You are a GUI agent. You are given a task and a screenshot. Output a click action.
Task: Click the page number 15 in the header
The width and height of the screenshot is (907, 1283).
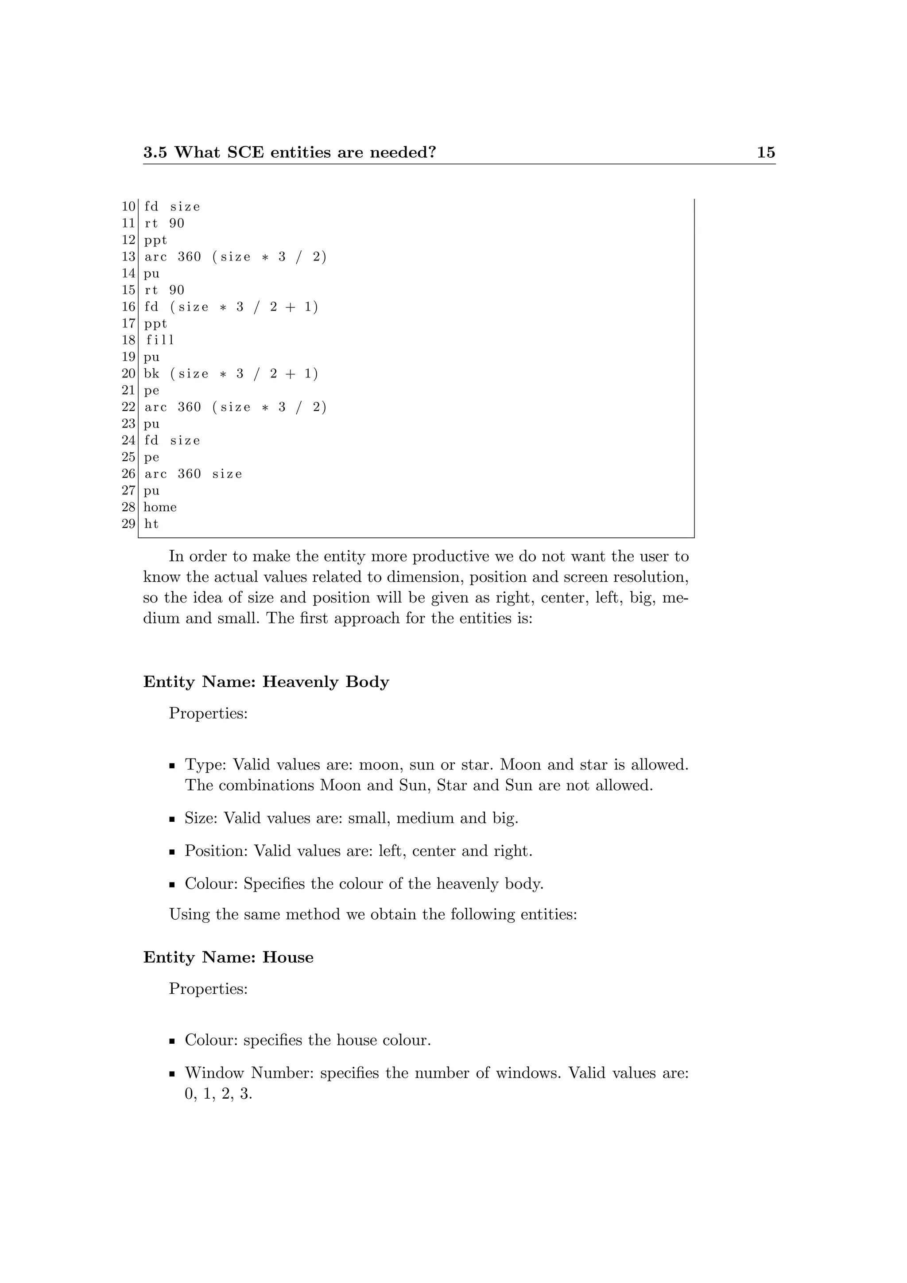[766, 152]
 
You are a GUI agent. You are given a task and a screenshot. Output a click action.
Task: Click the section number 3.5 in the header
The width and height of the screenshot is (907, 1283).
[155, 152]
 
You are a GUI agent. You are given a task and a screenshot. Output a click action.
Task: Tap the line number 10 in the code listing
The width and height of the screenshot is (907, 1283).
[128, 207]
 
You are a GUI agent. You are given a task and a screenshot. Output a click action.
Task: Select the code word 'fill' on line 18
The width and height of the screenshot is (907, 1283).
[160, 340]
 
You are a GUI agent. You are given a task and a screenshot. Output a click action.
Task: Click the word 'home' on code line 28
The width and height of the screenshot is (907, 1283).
[160, 507]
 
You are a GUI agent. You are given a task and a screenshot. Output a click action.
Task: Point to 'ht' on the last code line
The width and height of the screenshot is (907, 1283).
[151, 524]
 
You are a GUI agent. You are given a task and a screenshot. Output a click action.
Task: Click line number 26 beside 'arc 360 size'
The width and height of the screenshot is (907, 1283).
[128, 474]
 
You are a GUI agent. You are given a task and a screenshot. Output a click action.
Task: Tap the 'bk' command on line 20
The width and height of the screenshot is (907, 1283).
[151, 373]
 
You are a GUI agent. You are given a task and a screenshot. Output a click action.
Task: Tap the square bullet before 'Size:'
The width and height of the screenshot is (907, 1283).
[173, 820]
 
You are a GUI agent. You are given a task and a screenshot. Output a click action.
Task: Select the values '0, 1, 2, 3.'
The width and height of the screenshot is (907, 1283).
[218, 1094]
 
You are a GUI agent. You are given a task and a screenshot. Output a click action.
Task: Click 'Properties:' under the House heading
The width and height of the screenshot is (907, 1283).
[208, 989]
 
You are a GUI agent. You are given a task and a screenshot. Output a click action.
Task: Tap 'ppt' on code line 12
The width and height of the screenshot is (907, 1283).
[155, 240]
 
